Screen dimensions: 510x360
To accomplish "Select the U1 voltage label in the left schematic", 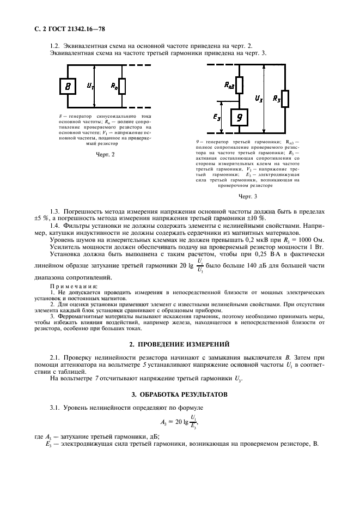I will (90, 86).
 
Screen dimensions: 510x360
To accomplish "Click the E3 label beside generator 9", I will (217, 116).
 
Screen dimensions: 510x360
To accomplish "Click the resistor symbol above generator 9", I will (240, 85).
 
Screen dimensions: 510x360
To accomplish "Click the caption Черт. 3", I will (248, 196).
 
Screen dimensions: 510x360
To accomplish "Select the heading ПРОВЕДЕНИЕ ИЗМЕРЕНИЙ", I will (180, 345).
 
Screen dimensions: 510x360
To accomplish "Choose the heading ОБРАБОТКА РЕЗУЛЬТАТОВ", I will (180, 393).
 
